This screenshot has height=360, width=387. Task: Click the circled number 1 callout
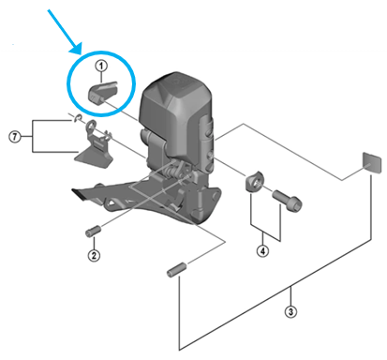pos(101,67)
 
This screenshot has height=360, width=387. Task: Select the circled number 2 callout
pos(94,255)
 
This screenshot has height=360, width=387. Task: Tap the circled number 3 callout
pos(290,311)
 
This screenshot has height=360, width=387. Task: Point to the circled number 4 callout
pos(262,250)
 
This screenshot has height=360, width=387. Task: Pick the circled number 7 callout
pos(15,137)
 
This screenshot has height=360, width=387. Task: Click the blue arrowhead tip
pos(81,53)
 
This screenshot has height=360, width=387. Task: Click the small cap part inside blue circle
pos(102,93)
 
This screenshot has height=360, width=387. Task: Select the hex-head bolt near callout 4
pos(287,200)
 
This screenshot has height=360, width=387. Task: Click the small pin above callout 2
pos(94,232)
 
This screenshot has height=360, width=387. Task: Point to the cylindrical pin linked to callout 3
pos(176,269)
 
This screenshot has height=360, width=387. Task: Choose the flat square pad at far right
pos(372,162)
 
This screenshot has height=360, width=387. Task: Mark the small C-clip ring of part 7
pos(78,118)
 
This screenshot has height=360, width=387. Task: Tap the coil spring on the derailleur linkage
pos(171,171)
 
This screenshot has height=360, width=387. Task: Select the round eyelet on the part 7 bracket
pos(92,126)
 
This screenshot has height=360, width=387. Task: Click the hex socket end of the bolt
pos(295,204)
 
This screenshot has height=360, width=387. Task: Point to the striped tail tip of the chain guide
pos(78,193)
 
